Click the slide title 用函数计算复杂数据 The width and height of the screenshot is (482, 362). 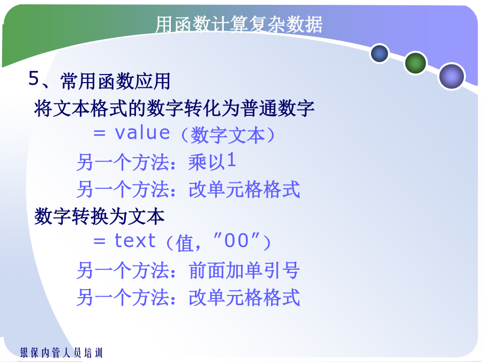(238, 24)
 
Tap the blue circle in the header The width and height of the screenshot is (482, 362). (380, 53)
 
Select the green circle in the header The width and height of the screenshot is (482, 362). (415, 63)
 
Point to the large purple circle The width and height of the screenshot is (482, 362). (451, 76)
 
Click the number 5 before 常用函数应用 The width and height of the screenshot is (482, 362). (34, 78)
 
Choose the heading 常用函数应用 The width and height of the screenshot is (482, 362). (115, 82)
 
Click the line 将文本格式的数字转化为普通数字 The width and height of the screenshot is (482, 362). (174, 108)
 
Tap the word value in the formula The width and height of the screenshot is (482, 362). (142, 133)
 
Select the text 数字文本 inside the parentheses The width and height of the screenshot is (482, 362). (228, 135)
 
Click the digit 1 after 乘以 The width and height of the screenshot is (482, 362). (231, 160)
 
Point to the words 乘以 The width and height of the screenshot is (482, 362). (207, 162)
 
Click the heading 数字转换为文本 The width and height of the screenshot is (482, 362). (99, 217)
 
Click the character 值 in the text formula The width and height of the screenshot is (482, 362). (184, 243)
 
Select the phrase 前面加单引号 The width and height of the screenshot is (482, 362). (244, 270)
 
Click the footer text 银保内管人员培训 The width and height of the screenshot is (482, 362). (61, 353)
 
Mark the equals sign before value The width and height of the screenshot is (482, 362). (99, 134)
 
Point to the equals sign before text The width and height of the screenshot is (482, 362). (99, 241)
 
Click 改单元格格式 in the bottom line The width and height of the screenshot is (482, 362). (244, 297)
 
